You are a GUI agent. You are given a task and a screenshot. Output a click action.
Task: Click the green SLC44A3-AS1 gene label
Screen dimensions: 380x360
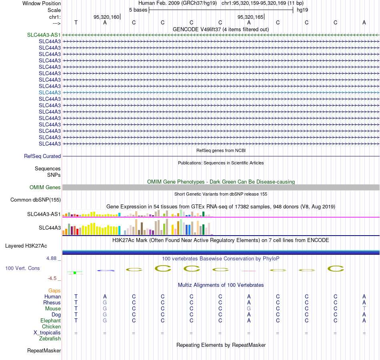[44, 35]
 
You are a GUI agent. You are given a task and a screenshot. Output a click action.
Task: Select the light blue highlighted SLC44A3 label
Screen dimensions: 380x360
[50, 93]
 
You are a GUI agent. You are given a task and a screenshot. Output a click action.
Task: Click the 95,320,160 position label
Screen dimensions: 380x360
[106, 17]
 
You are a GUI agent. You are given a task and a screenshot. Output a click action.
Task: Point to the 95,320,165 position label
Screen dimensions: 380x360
[250, 17]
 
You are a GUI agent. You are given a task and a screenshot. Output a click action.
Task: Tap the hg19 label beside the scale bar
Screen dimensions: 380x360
[302, 10]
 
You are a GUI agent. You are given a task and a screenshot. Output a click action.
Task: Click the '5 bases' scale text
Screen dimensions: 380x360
[138, 10]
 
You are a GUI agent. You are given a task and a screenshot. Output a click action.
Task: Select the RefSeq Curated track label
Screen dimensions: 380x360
[42, 156]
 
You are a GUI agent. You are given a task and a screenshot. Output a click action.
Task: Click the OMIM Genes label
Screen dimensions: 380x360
[45, 187]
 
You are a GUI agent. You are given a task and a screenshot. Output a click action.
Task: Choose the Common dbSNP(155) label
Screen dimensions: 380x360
[36, 200]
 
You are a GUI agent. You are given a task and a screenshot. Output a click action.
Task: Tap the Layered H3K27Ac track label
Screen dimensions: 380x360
[26, 246]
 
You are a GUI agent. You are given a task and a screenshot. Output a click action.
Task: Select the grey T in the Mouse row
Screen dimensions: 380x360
[364, 309]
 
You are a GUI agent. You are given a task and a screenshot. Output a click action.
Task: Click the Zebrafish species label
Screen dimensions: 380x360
[50, 339]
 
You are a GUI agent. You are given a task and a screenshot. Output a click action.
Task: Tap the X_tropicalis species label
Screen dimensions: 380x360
[47, 333]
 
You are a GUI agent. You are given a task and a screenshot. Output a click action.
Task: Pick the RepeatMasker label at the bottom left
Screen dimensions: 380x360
[44, 350]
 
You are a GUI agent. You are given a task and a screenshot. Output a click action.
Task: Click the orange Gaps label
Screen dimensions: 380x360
[54, 290]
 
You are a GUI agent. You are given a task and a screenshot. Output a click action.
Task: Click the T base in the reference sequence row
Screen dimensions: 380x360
[76, 22]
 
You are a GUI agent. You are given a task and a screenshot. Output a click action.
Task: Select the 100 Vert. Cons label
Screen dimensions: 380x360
[22, 268]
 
